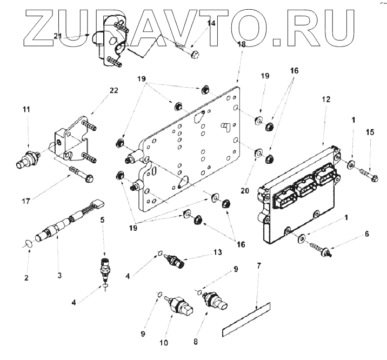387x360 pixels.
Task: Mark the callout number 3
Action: coord(60,275)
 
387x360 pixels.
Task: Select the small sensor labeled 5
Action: coord(103,266)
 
